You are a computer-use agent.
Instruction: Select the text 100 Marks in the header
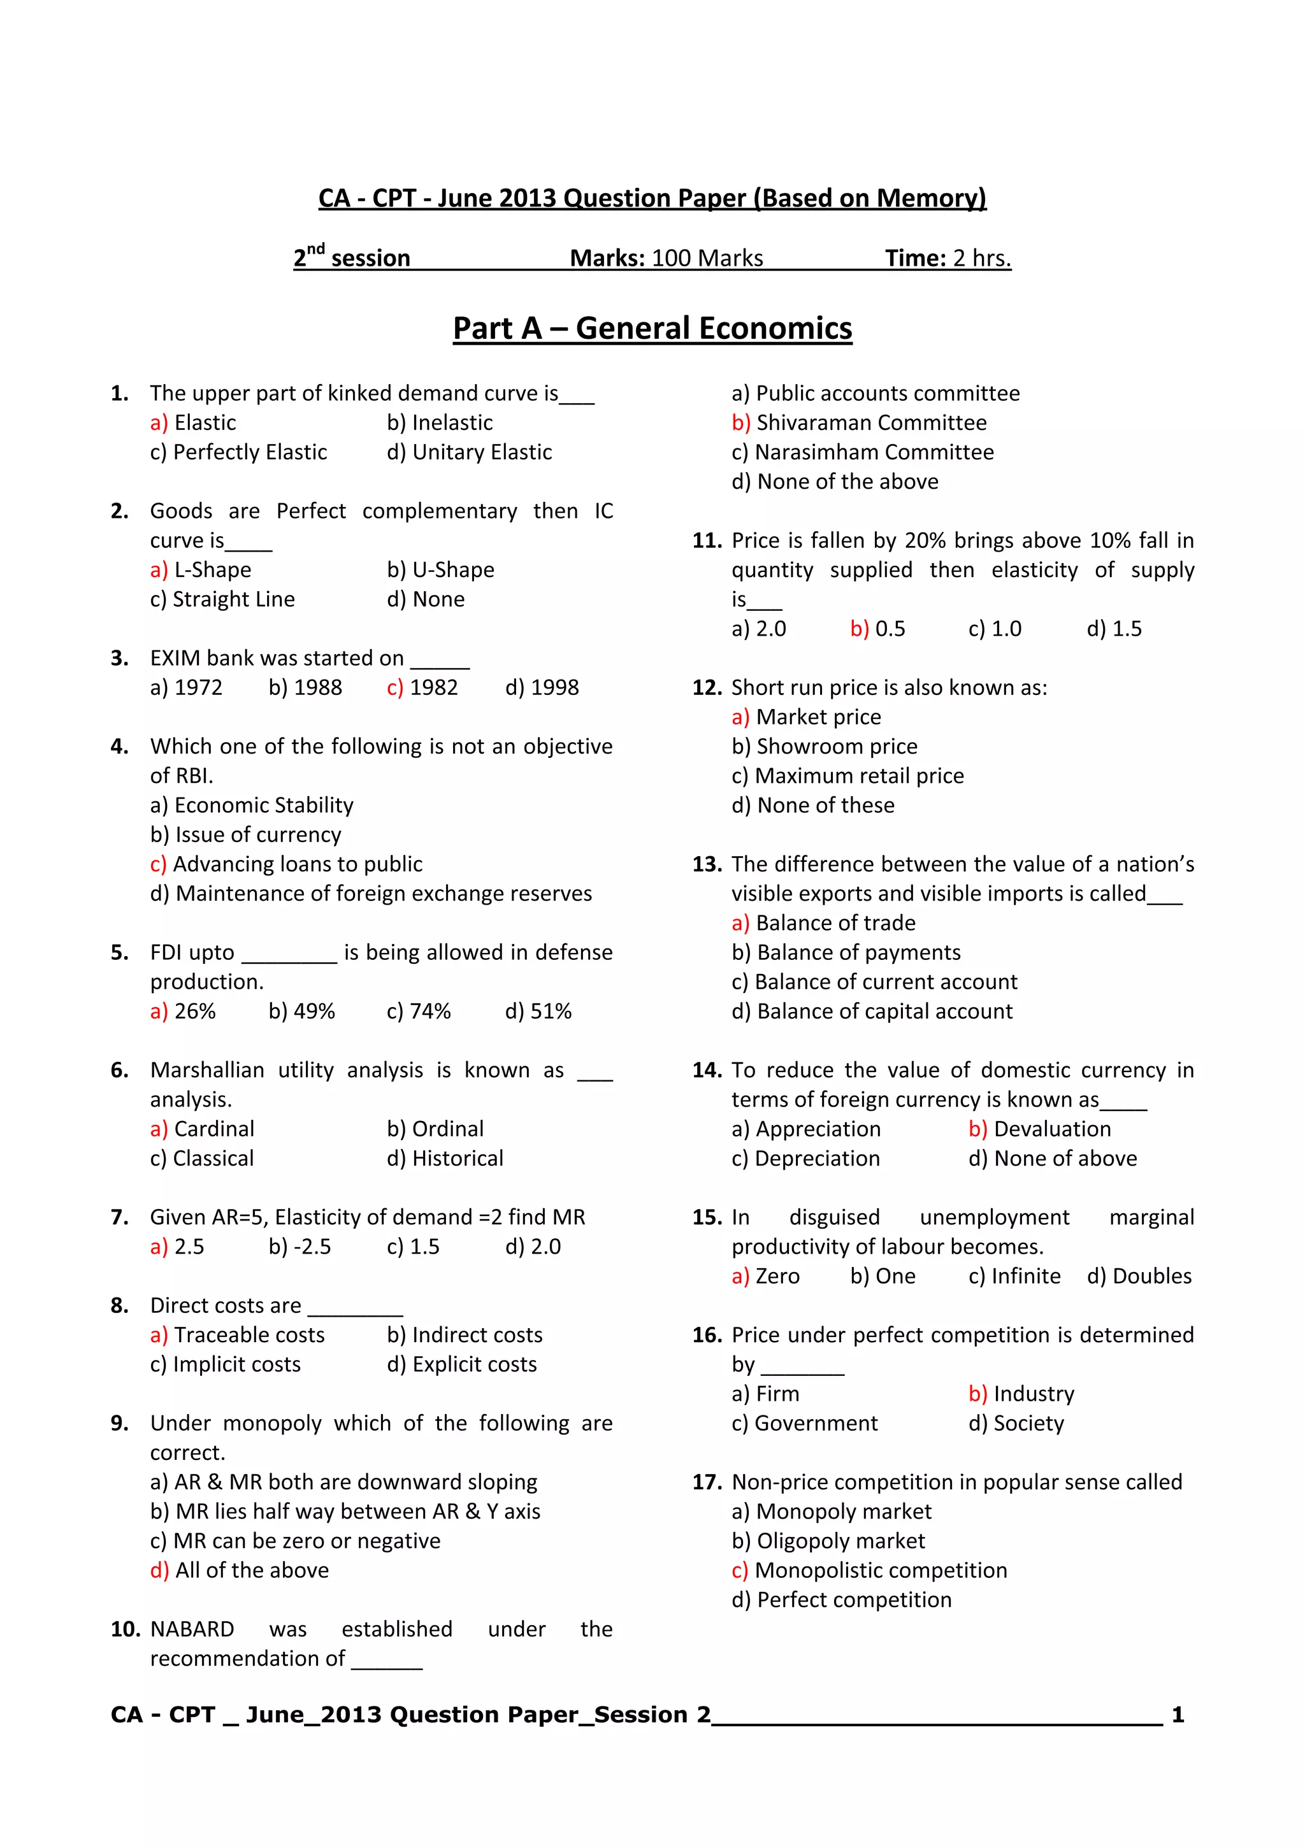pos(707,258)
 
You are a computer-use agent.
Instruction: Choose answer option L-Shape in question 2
pos(212,570)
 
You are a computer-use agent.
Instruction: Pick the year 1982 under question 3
pos(433,687)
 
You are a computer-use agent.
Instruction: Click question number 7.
pos(119,1217)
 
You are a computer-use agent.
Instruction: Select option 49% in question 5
pos(314,1012)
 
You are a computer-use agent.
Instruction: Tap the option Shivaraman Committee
pos(871,423)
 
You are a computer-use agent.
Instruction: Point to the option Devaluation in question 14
pos(1052,1129)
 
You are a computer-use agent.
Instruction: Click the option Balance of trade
pos(835,923)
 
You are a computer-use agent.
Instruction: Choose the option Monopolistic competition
pos(881,1570)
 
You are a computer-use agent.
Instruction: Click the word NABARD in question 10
pos(192,1629)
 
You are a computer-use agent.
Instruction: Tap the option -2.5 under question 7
pos(311,1247)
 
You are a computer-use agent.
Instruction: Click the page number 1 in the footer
pos(1177,1715)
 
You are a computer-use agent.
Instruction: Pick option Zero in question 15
pos(777,1276)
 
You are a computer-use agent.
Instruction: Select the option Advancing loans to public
pos(298,864)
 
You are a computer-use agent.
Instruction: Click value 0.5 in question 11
pos(890,629)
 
